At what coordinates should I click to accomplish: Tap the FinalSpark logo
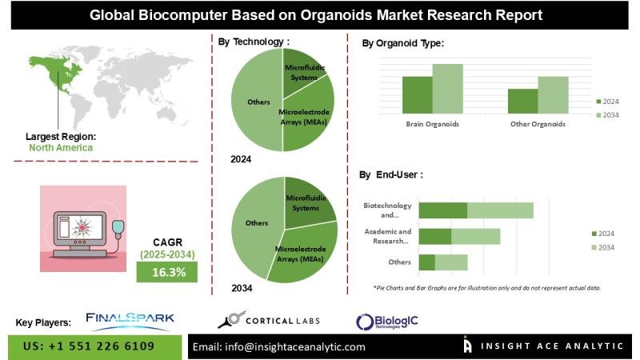130,320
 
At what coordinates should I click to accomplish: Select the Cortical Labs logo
269,321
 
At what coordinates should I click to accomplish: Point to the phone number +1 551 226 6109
89,346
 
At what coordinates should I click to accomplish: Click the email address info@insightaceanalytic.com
279,346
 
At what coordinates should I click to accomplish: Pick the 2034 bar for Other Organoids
553,94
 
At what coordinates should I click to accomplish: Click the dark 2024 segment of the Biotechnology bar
443,210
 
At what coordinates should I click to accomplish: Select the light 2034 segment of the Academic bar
475,236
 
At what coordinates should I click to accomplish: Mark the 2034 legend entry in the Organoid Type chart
607,116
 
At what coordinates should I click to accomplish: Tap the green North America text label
61,148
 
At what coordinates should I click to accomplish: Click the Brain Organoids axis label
432,124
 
